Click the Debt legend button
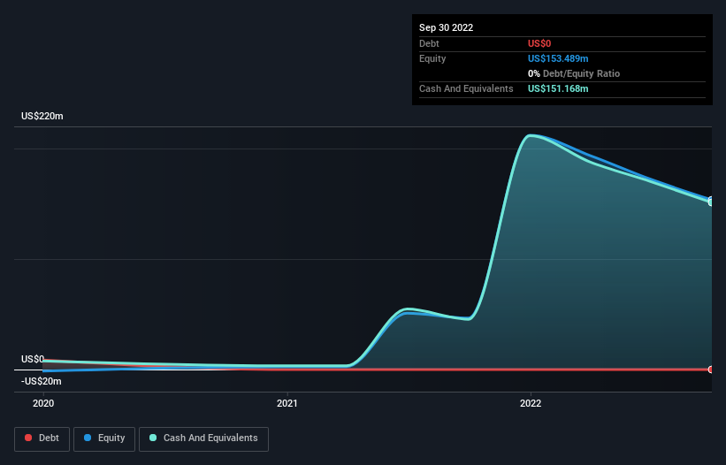click(x=43, y=438)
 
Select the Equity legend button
click(x=103, y=438)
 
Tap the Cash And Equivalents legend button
click(x=203, y=438)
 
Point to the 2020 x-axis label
click(x=43, y=403)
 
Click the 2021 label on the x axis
click(x=287, y=403)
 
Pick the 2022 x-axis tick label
click(x=531, y=403)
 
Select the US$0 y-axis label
click(x=33, y=359)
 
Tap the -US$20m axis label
click(x=42, y=381)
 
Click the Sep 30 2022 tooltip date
click(x=446, y=27)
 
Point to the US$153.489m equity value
click(x=558, y=58)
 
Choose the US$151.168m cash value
click(x=558, y=88)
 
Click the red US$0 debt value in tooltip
click(x=540, y=43)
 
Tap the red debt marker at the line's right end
click(x=711, y=370)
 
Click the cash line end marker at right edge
click(x=711, y=202)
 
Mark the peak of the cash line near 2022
click(x=530, y=136)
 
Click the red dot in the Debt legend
click(x=28, y=438)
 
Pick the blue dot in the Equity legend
click(x=88, y=438)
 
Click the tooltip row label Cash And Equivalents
click(x=466, y=88)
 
